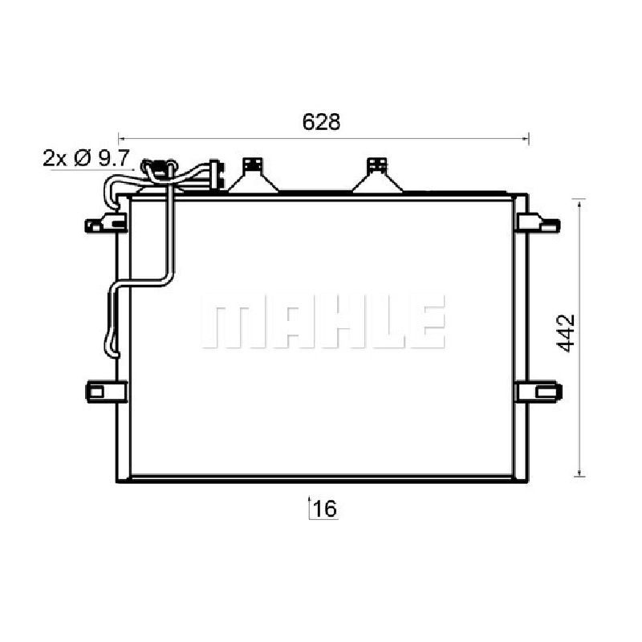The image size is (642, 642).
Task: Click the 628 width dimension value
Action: (321, 122)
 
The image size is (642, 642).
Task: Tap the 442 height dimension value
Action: (567, 333)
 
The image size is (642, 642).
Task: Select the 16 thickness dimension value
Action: (325, 509)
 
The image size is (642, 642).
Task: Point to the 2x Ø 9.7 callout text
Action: (87, 157)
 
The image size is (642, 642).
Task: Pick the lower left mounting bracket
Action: (106, 392)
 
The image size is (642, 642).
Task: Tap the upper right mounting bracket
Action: (538, 224)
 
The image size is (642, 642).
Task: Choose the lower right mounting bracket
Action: (538, 392)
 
